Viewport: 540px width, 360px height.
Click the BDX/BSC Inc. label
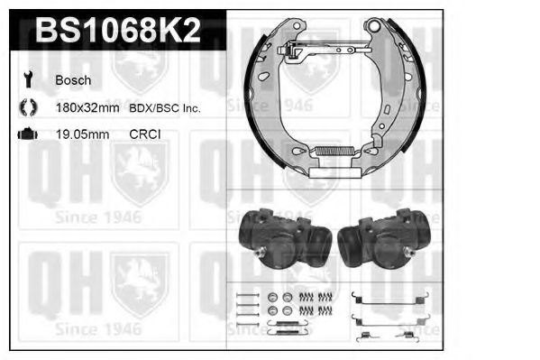click(x=163, y=107)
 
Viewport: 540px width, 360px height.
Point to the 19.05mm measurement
click(x=81, y=134)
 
